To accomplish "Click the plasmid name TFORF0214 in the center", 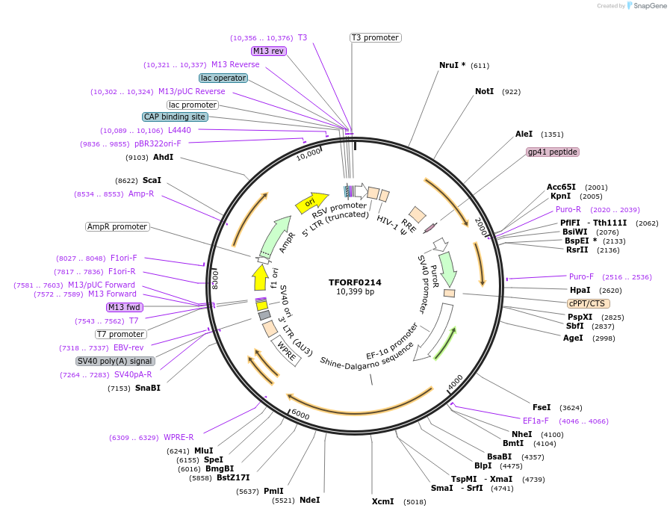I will pyautogui.click(x=355, y=282).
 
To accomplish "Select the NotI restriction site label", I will pyautogui.click(x=484, y=91).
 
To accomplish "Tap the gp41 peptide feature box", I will pyautogui.click(x=553, y=152).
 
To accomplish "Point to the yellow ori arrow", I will pyautogui.click(x=311, y=202).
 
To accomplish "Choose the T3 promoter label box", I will pyautogui.click(x=375, y=38).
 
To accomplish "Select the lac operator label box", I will pyautogui.click(x=223, y=78).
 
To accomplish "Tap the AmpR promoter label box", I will pyautogui.click(x=117, y=226).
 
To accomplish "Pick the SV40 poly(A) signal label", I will pyautogui.click(x=116, y=361).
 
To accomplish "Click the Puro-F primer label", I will pyautogui.click(x=581, y=276).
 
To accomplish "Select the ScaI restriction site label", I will pyautogui.click(x=152, y=180).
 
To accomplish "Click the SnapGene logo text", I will pyautogui.click(x=648, y=6).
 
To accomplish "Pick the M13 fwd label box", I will pyautogui.click(x=124, y=307).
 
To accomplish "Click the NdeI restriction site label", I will pyautogui.click(x=309, y=500).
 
